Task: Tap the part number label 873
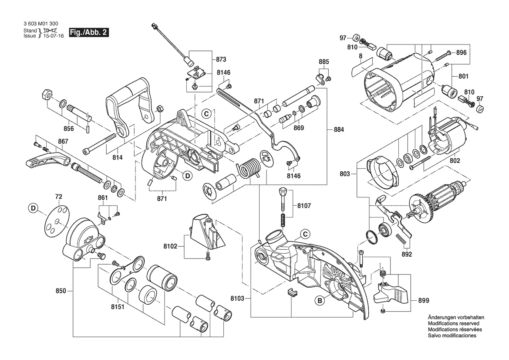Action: click(x=221, y=59)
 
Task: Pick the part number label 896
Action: click(x=461, y=52)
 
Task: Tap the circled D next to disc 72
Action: click(x=34, y=209)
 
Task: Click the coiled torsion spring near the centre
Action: click(x=249, y=168)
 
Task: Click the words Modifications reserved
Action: click(x=454, y=324)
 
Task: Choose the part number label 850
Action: click(x=61, y=291)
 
